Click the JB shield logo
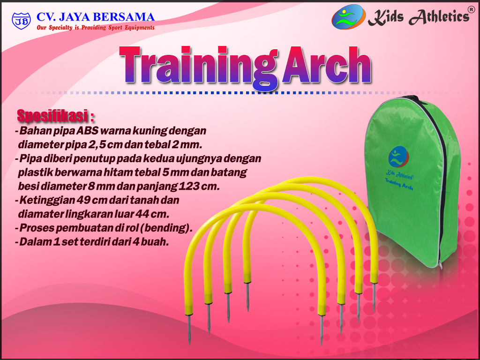[x=21, y=21]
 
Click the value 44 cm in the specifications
[x=151, y=214]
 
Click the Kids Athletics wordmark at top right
[x=418, y=17]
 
